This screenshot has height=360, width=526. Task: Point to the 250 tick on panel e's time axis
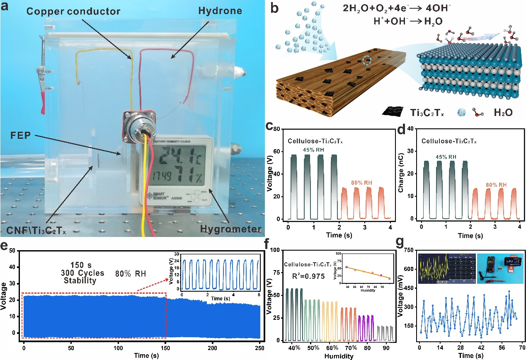click(260, 343)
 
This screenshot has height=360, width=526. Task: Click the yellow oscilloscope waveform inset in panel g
click(432, 268)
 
